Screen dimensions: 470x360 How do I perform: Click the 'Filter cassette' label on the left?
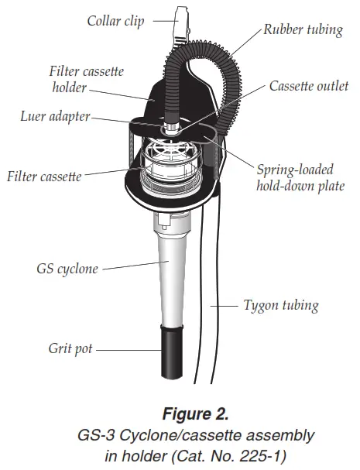[44, 176]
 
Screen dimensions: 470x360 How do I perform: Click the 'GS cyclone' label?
[67, 269]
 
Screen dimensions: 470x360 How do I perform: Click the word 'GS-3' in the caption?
[99, 435]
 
